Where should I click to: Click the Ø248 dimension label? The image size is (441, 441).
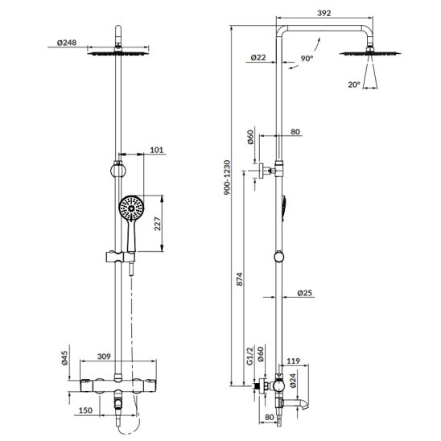click(x=67, y=43)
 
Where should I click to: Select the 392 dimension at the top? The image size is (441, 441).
click(x=324, y=13)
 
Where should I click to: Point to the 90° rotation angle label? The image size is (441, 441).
click(x=307, y=59)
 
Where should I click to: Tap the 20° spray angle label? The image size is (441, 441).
click(x=354, y=84)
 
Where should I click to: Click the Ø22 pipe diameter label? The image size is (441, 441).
click(x=258, y=57)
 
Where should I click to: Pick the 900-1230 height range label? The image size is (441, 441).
click(x=227, y=178)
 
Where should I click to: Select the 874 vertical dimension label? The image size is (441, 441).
click(x=239, y=279)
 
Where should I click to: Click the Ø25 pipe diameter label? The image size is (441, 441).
click(x=304, y=293)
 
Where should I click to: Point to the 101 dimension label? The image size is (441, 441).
click(x=157, y=150)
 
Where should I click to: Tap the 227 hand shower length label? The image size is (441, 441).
click(x=158, y=224)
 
